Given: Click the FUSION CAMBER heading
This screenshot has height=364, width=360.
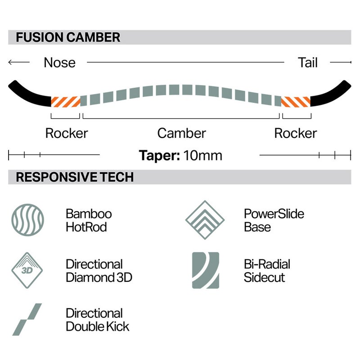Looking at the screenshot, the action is [x=68, y=37].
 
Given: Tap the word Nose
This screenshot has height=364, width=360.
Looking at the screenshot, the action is [x=59, y=62].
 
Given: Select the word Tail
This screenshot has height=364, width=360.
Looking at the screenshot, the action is [x=307, y=62].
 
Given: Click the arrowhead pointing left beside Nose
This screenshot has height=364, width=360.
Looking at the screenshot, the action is [x=10, y=62].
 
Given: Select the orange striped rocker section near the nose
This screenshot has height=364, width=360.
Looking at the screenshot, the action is [x=66, y=102].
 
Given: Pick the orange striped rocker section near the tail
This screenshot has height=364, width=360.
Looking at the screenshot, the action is [x=296, y=102].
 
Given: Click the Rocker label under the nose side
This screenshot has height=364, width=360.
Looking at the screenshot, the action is [x=67, y=133].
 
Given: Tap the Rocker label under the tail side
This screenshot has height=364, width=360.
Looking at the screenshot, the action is [x=295, y=133].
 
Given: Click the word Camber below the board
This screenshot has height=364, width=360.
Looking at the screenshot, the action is [x=181, y=133].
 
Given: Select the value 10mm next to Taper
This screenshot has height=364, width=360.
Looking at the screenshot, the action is [x=202, y=155].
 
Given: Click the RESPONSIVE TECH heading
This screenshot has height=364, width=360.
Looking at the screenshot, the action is [x=75, y=177].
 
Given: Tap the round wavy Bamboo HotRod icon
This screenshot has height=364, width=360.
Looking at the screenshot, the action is [x=27, y=220].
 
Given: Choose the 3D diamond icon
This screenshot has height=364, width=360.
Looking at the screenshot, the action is [x=27, y=270].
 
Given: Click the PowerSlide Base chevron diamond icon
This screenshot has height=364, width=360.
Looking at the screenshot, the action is [x=205, y=220].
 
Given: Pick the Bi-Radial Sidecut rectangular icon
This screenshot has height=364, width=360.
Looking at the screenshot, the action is [x=206, y=270].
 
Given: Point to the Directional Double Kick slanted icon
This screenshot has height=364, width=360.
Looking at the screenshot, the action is [x=27, y=320].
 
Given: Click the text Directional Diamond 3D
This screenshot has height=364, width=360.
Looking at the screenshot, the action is [x=99, y=271].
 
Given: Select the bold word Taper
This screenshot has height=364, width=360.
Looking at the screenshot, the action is [x=159, y=155].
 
